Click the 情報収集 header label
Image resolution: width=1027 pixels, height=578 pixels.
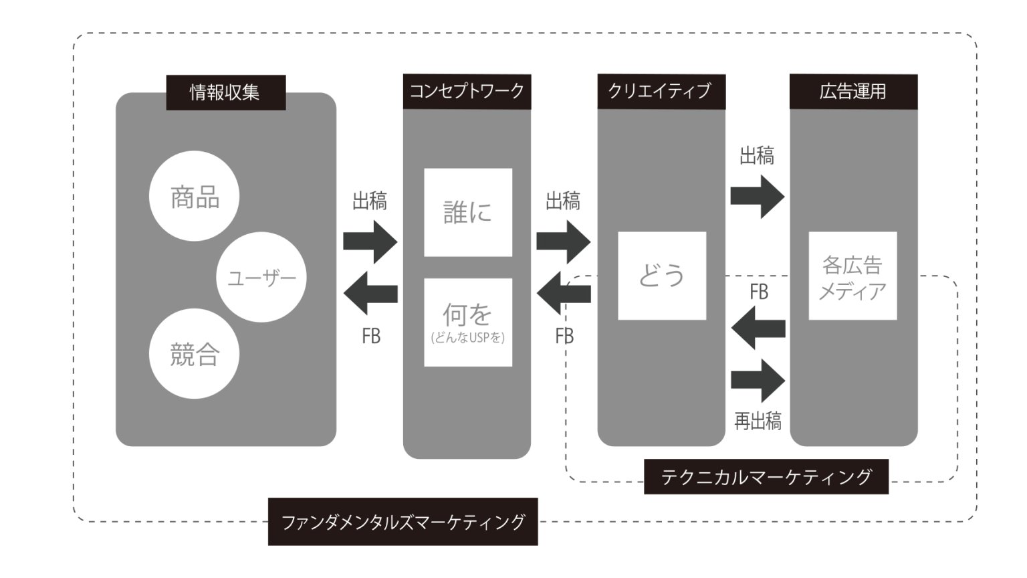[225, 92]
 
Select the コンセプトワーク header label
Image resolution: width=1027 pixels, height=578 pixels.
[467, 92]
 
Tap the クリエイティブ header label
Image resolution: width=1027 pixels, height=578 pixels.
[661, 92]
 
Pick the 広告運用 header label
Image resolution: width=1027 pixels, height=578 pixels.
[853, 92]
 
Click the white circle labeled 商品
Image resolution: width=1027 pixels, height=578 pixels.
[194, 196]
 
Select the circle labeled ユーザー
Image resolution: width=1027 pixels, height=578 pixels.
[261, 277]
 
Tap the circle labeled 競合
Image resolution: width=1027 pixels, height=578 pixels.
[194, 354]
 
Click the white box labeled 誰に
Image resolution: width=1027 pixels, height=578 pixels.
[468, 213]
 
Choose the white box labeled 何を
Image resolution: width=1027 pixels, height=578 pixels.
[468, 322]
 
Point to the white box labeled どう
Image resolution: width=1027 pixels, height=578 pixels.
[662, 276]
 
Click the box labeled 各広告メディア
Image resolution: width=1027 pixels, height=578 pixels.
[852, 276]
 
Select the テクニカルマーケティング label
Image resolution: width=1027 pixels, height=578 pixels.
[766, 476]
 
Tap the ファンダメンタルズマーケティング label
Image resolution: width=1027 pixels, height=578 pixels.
[403, 522]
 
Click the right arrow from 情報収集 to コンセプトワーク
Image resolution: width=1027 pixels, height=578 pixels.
[370, 241]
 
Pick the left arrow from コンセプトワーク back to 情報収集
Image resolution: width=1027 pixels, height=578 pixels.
[370, 293]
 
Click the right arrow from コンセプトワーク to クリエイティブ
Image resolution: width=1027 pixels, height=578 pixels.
[563, 241]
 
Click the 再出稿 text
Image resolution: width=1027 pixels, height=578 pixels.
[758, 421]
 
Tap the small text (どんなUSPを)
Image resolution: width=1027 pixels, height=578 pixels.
[468, 338]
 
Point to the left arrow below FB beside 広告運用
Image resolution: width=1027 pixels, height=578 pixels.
[758, 328]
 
